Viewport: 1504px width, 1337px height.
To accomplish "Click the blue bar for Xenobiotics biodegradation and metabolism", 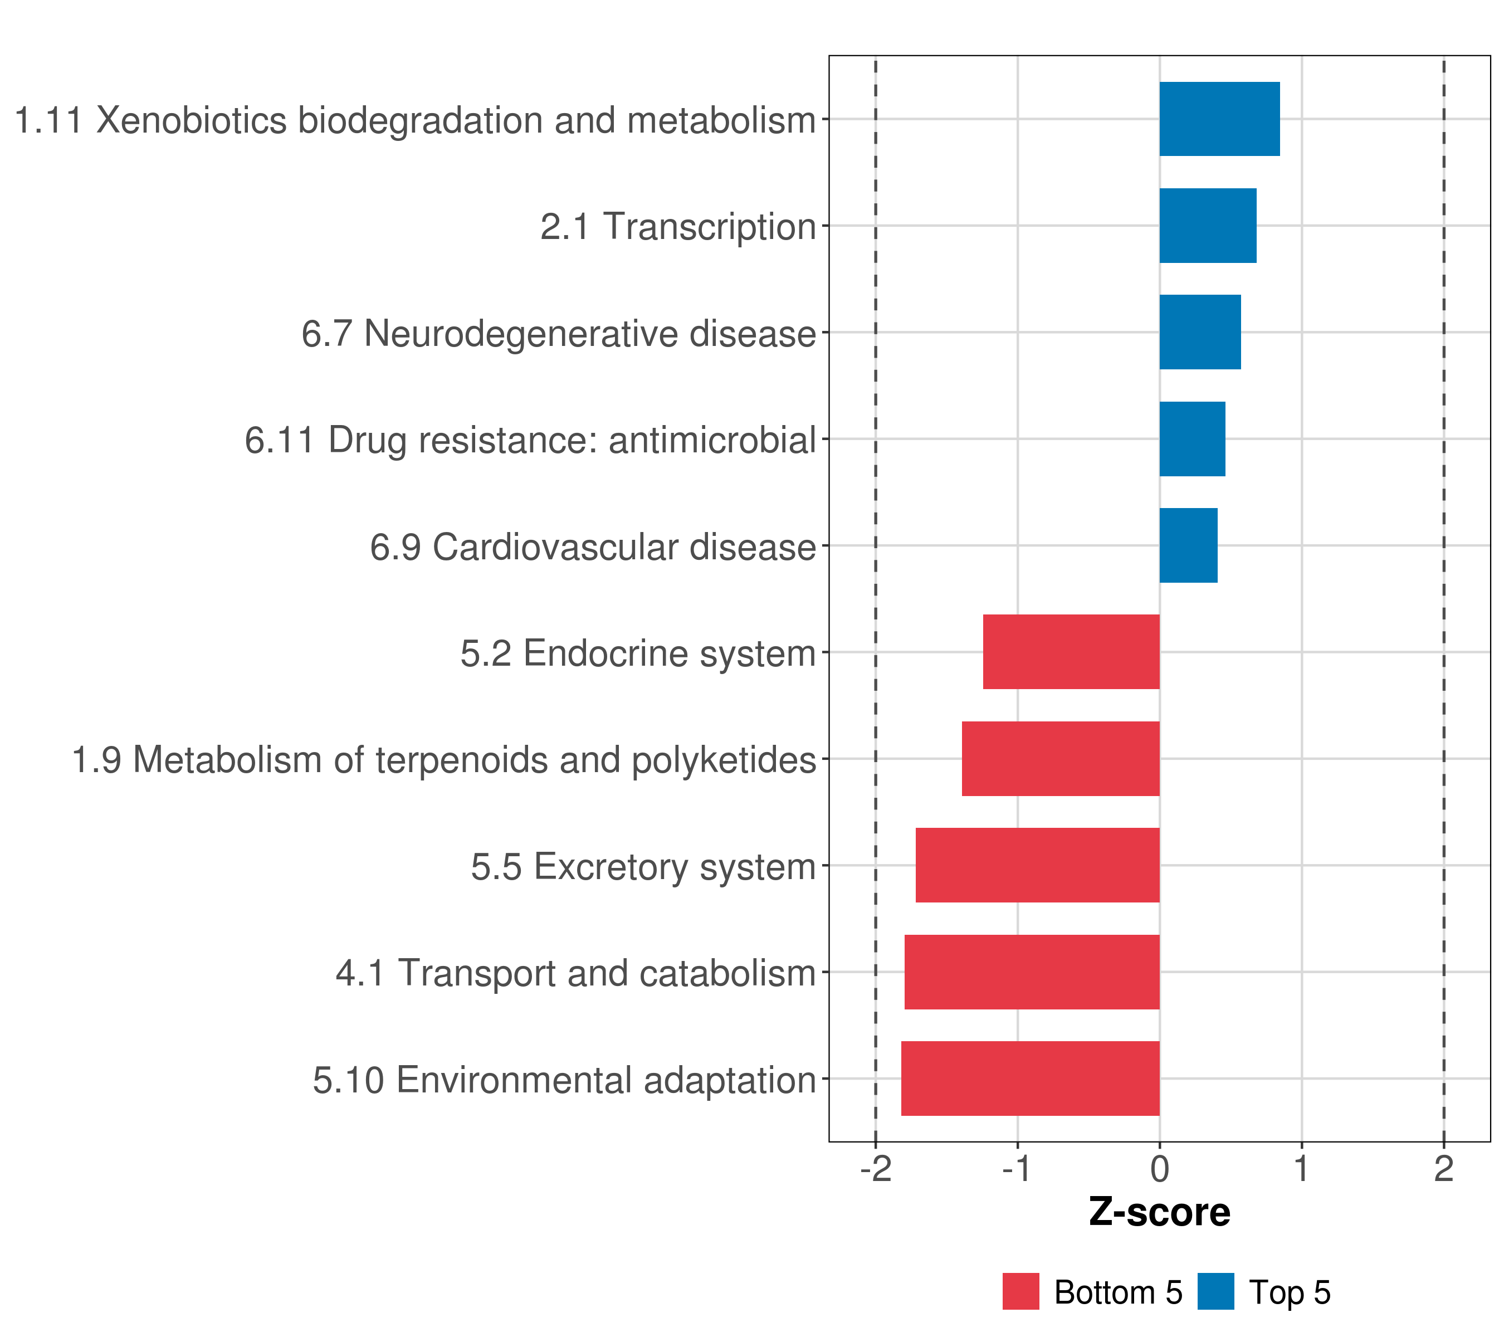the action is (x=1219, y=119).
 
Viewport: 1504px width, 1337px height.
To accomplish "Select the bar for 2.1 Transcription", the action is (x=1208, y=225).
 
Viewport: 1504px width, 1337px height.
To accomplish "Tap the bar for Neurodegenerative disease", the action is (x=1200, y=332).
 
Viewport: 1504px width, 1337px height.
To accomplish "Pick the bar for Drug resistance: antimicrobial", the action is (x=1193, y=438).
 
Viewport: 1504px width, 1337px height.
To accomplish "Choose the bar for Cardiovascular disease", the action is (x=1188, y=545).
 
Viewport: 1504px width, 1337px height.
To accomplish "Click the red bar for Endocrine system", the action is (x=1071, y=652).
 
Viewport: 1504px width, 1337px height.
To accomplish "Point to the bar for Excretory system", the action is (x=1038, y=865).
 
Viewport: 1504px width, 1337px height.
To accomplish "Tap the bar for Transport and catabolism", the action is (x=1032, y=972).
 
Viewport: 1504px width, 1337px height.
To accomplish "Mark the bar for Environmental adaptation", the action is (x=1030, y=1079).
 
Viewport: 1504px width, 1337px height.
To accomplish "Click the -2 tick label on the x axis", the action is (x=876, y=1169).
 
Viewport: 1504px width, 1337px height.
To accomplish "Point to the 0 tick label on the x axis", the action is (x=1160, y=1169).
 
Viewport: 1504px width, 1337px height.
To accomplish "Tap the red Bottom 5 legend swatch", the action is (x=1020, y=1291).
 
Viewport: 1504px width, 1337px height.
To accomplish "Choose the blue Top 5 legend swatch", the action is (x=1215, y=1291).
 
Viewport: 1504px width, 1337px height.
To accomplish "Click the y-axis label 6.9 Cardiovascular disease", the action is (x=593, y=548).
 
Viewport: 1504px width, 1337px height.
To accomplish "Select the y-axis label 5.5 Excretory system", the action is (x=644, y=867).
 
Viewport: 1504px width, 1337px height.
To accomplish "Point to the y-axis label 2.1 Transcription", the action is (x=678, y=227).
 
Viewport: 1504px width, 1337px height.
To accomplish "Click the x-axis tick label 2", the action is (x=1444, y=1169).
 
